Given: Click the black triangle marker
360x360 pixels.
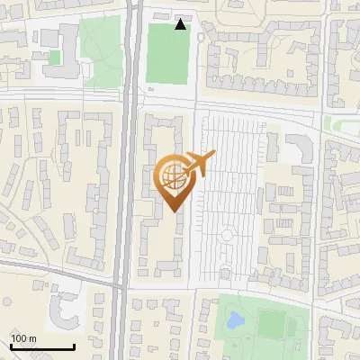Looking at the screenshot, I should [181, 24].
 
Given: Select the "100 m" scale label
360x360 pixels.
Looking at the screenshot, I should [23, 337].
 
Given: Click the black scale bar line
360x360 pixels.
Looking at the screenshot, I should [42, 346].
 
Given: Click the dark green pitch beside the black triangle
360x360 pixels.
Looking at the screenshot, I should [166, 54].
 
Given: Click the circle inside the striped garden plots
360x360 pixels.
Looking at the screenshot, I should [227, 235].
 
